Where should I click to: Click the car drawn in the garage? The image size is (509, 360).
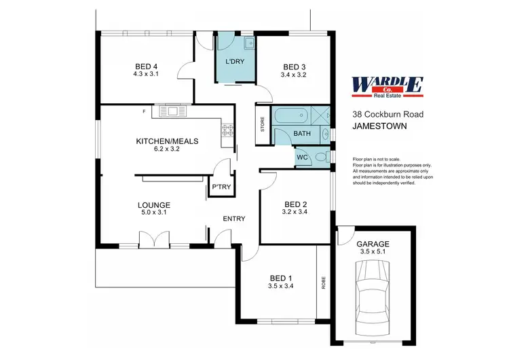tap(371, 296)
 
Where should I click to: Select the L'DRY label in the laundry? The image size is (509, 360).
tap(234, 62)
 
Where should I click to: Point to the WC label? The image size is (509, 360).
tap(303, 158)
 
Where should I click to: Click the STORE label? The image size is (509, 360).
tap(263, 126)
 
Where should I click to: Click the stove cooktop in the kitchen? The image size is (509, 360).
tap(227, 130)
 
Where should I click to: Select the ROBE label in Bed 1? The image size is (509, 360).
tap(324, 282)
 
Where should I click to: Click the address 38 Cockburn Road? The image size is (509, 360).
tap(388, 114)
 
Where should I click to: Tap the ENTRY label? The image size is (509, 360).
tap(234, 219)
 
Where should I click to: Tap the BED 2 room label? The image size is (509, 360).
tap(296, 204)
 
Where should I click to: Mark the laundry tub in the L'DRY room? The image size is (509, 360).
tap(248, 45)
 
